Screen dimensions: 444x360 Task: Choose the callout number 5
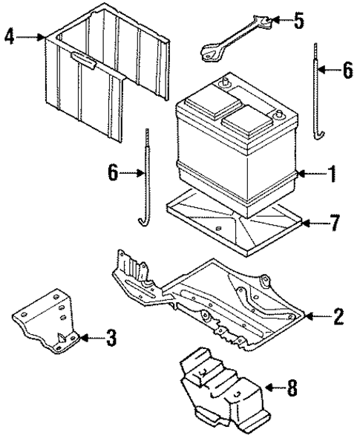click(298, 20)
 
